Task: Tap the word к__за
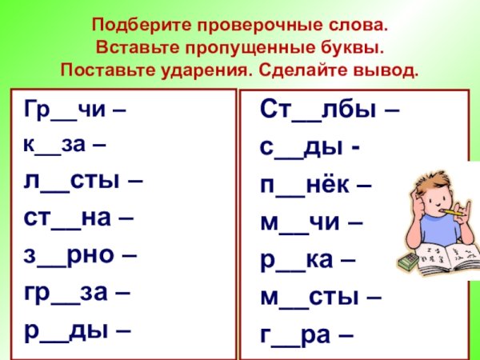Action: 58,146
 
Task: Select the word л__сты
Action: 74,181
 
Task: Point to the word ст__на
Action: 70,218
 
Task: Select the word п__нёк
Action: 306,185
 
